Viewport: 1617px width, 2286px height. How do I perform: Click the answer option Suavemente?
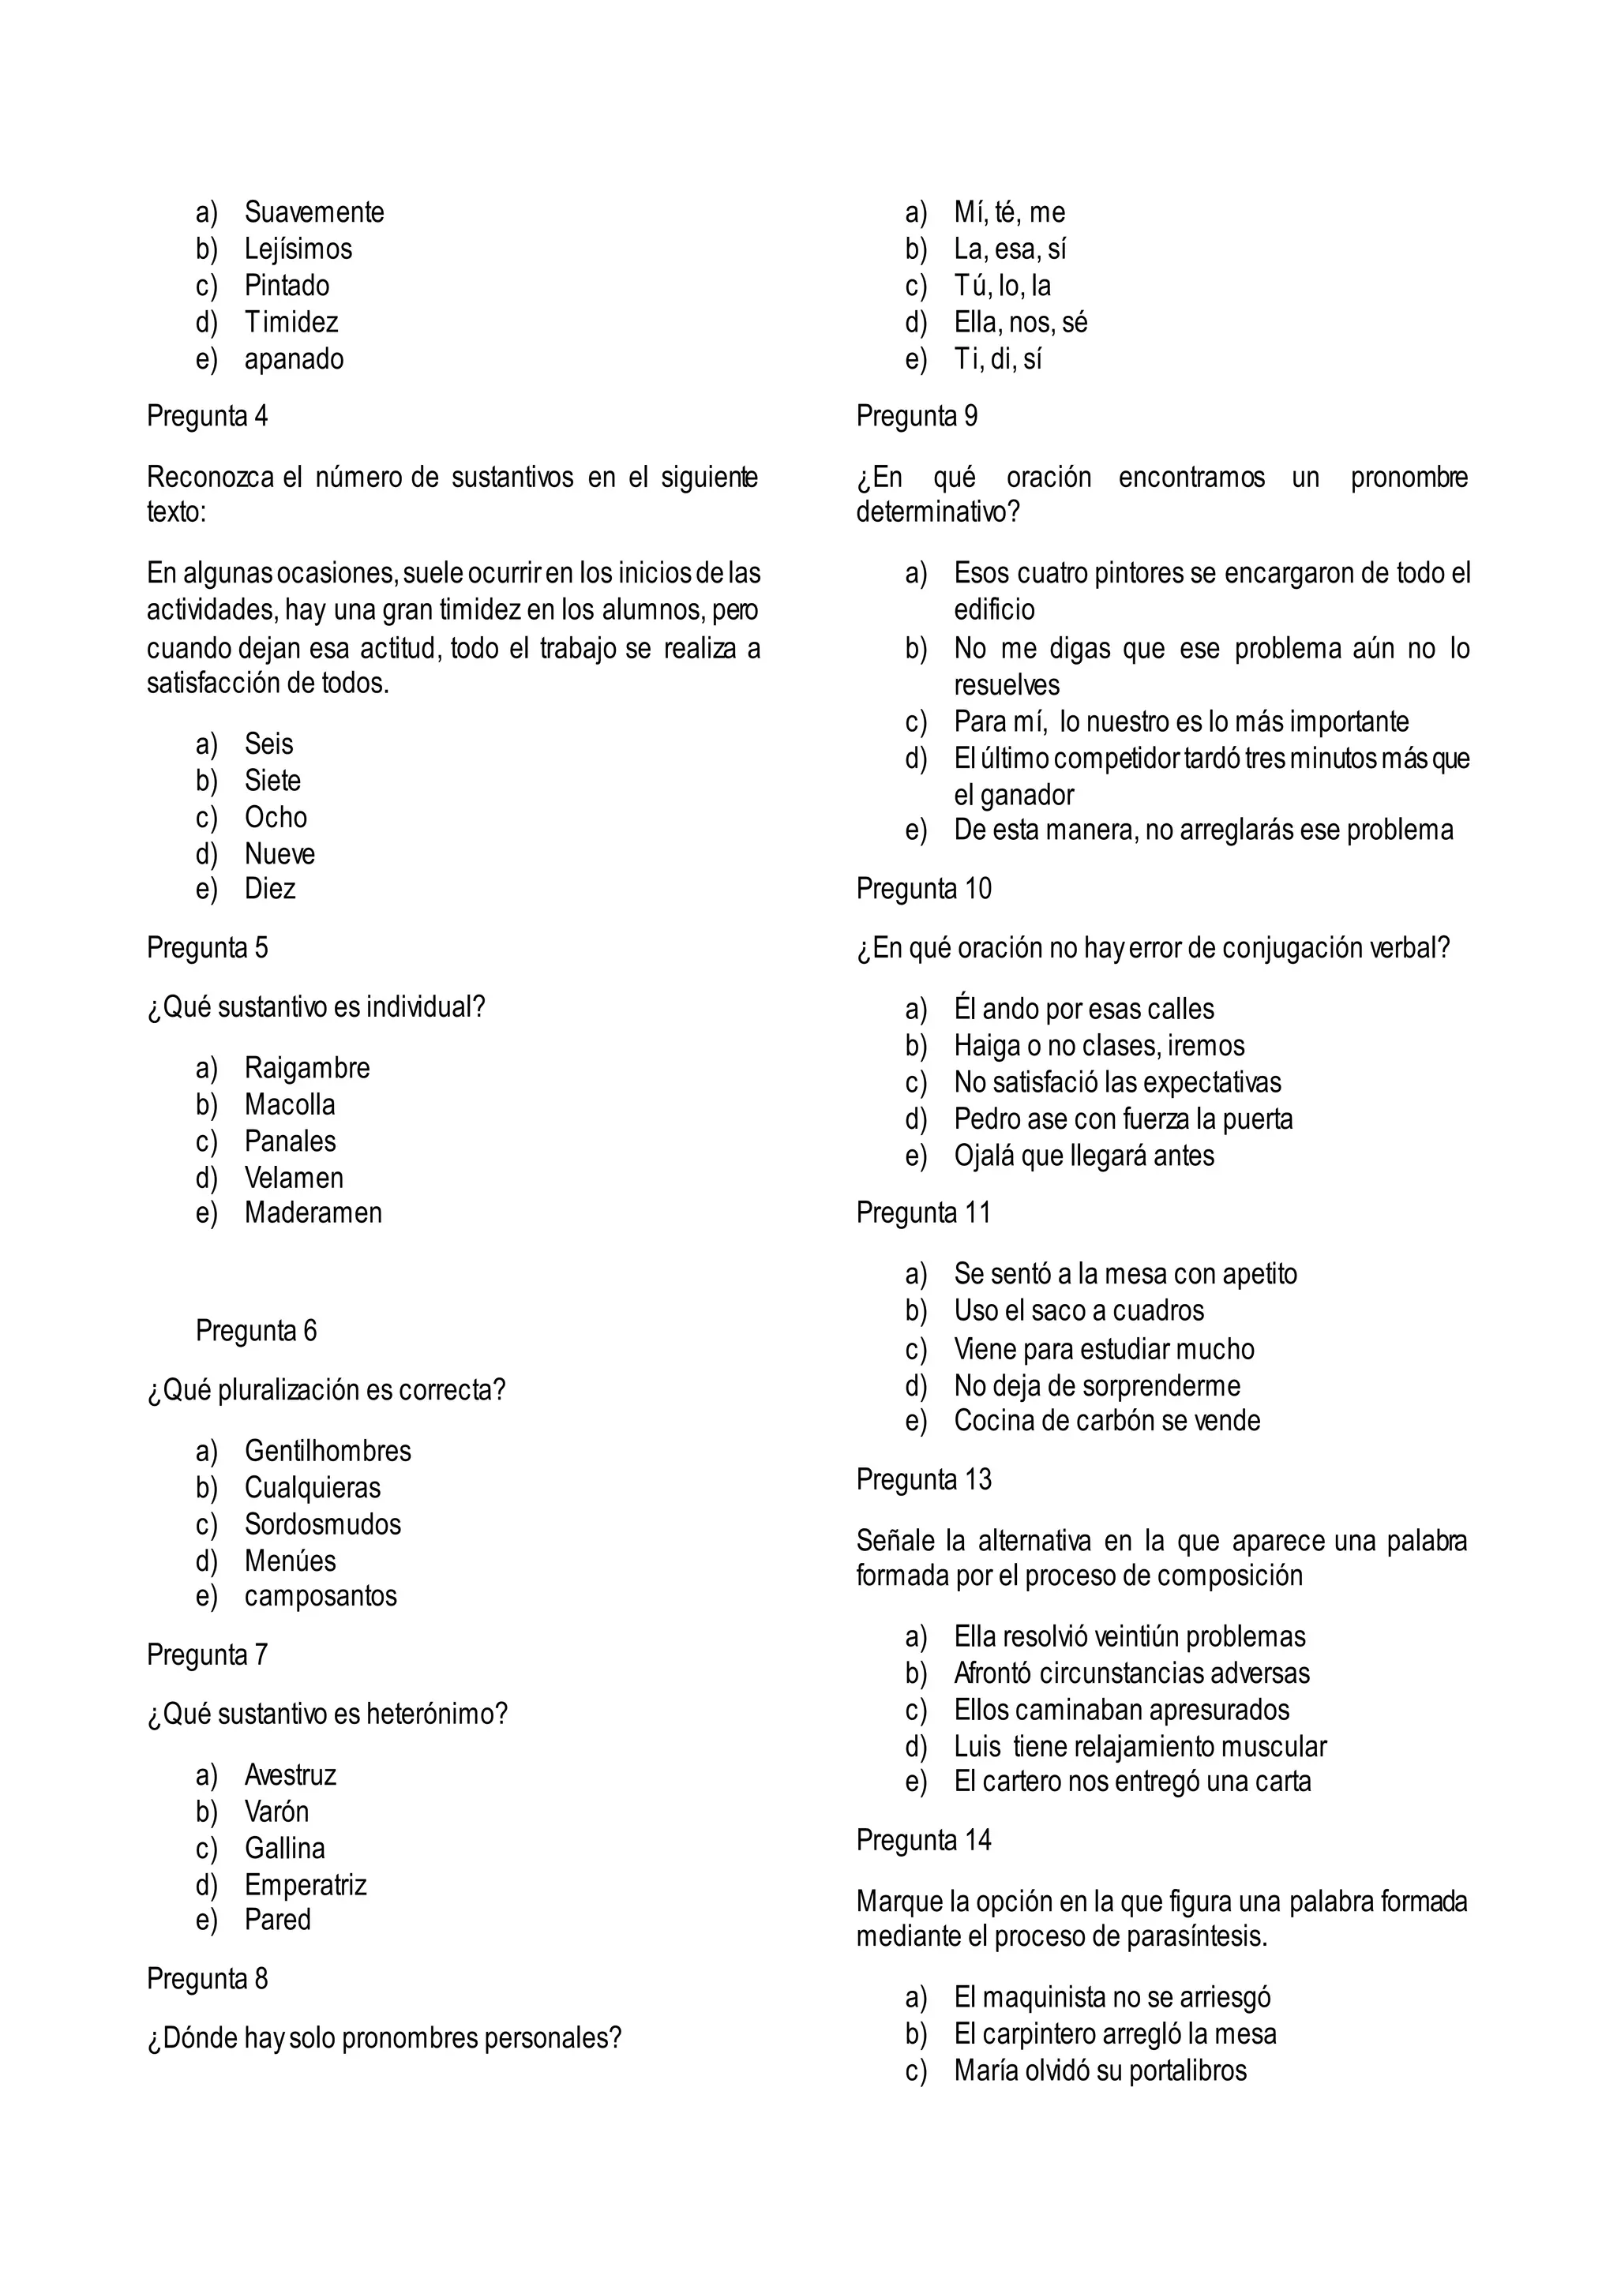click(313, 212)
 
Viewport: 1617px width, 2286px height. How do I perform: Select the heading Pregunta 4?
click(207, 415)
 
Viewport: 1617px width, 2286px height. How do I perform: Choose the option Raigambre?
click(306, 1067)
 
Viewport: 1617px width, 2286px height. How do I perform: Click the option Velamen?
click(294, 1178)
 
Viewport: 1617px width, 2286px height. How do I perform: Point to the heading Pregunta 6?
click(256, 1330)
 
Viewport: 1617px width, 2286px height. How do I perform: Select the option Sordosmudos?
click(323, 1523)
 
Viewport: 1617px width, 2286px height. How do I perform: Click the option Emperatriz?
click(306, 1885)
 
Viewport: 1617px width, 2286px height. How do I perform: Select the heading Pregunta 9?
click(916, 415)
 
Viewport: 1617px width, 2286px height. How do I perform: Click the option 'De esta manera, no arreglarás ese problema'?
click(1202, 830)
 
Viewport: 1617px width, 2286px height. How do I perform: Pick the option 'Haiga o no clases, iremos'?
click(1098, 1045)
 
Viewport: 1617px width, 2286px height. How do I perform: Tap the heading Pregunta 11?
click(923, 1212)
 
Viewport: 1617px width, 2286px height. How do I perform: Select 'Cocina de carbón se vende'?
click(1106, 1420)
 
